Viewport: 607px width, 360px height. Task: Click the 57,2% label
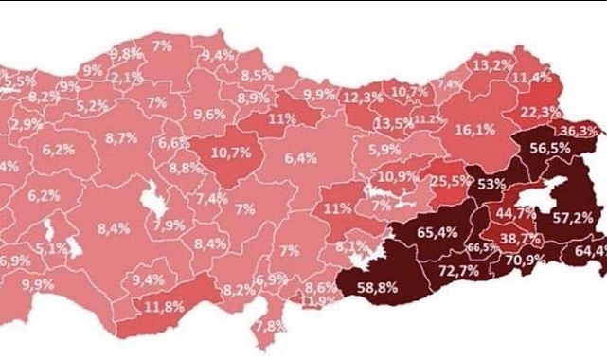[x=573, y=217]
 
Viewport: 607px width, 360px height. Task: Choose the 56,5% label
[x=549, y=148]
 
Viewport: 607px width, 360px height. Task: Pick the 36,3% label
[x=579, y=131]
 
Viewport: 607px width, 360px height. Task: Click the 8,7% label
[x=121, y=138]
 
